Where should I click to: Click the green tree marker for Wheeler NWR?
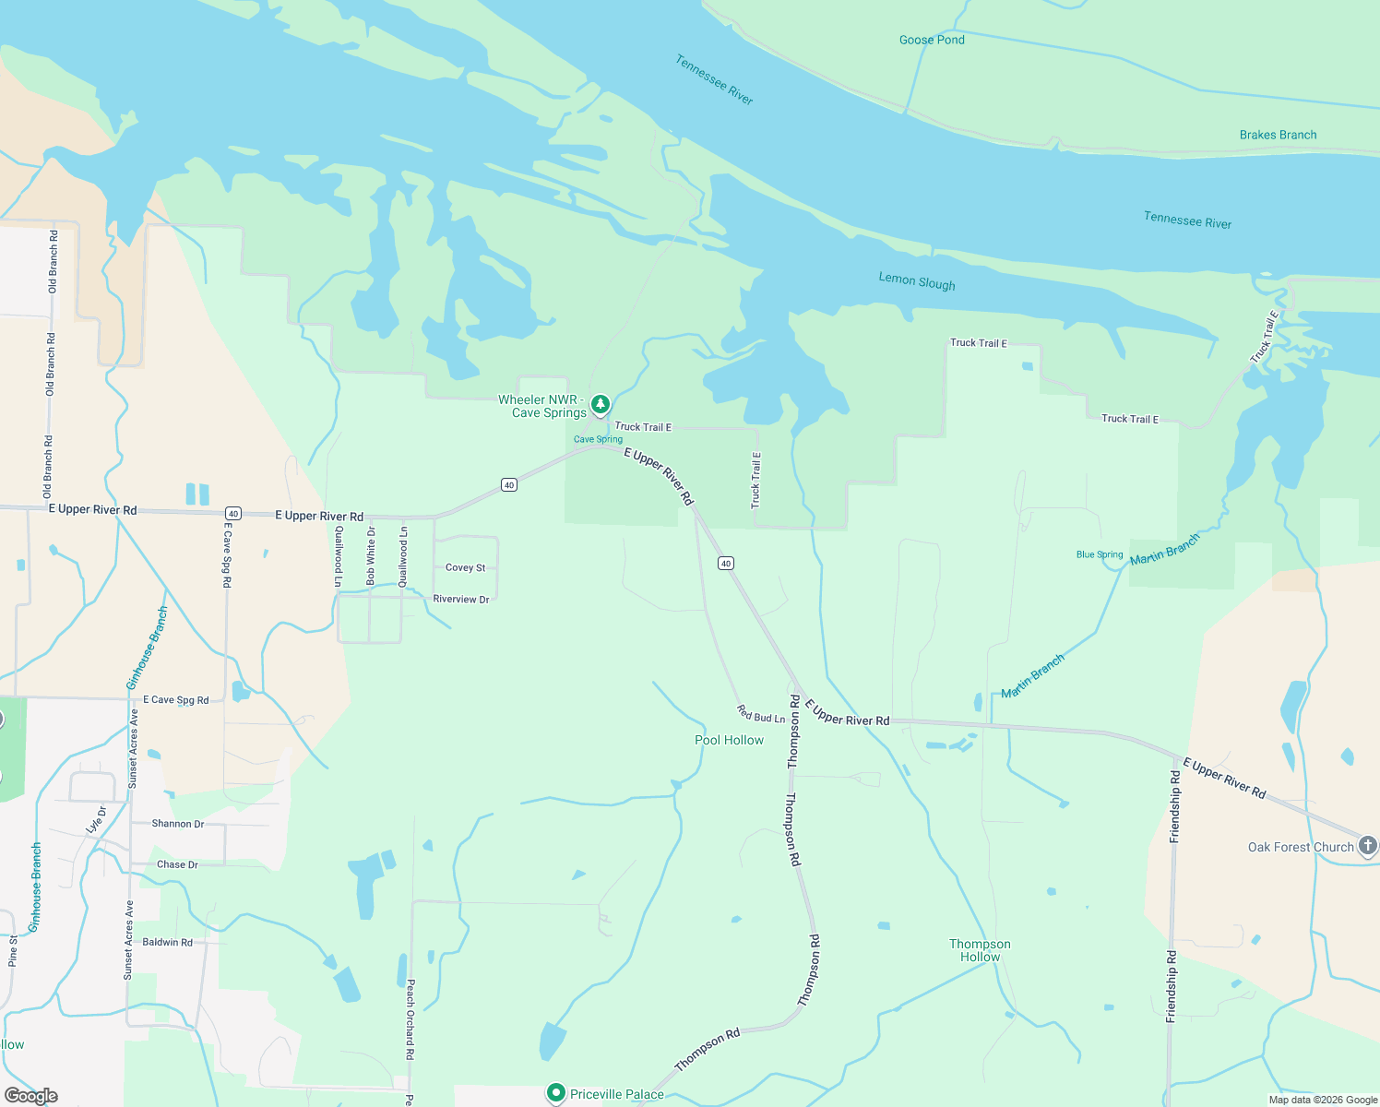[601, 404]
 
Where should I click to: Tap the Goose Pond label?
[932, 40]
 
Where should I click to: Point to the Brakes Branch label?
[1278, 135]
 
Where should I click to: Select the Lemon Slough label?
[916, 281]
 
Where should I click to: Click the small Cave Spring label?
[598, 439]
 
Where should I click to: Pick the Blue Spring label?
[1100, 554]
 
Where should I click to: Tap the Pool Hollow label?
[729, 740]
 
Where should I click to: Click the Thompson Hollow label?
[980, 950]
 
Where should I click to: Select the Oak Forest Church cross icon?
[1368, 845]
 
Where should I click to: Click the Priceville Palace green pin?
[555, 1093]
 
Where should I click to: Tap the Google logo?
[31, 1096]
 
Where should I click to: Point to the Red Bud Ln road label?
[761, 714]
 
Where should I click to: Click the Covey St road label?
[465, 568]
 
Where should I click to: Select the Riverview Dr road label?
[461, 599]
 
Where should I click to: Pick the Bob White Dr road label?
[371, 556]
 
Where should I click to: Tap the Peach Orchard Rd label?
[410, 1019]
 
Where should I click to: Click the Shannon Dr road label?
[178, 824]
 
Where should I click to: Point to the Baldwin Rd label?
[167, 942]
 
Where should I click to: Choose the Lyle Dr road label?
[96, 820]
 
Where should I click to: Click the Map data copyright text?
[1323, 1100]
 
